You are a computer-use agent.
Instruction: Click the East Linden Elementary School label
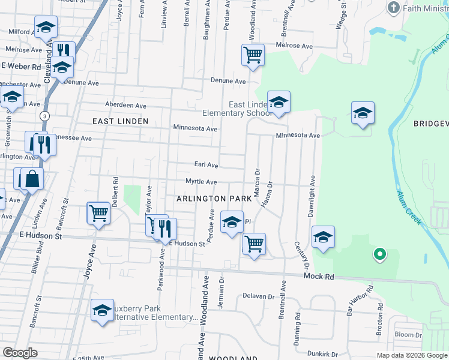[237, 109]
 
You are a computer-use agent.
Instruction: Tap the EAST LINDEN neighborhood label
[120, 121]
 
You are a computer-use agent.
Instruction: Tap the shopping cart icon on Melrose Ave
[253, 55]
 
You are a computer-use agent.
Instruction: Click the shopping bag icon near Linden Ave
[32, 178]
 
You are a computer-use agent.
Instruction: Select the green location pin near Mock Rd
[379, 254]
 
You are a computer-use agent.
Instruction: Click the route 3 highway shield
[44, 115]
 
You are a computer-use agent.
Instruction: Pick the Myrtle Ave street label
[201, 182]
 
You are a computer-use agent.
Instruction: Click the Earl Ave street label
[206, 164]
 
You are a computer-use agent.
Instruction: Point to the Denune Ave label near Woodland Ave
[228, 81]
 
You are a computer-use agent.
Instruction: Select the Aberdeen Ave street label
[125, 106]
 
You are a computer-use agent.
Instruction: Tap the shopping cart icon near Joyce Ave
[98, 212]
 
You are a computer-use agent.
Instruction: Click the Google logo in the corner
[20, 353]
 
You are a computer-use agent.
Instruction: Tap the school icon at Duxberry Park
[102, 310]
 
